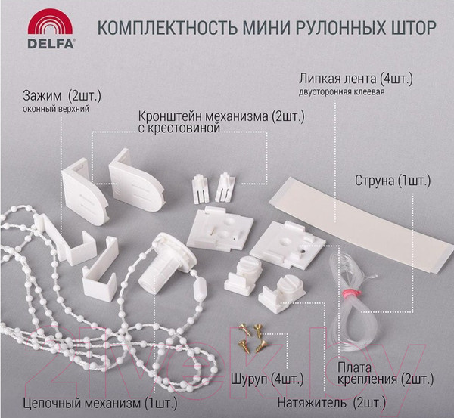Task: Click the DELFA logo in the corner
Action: coord(51,32)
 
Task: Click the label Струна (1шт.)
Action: coord(392,181)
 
